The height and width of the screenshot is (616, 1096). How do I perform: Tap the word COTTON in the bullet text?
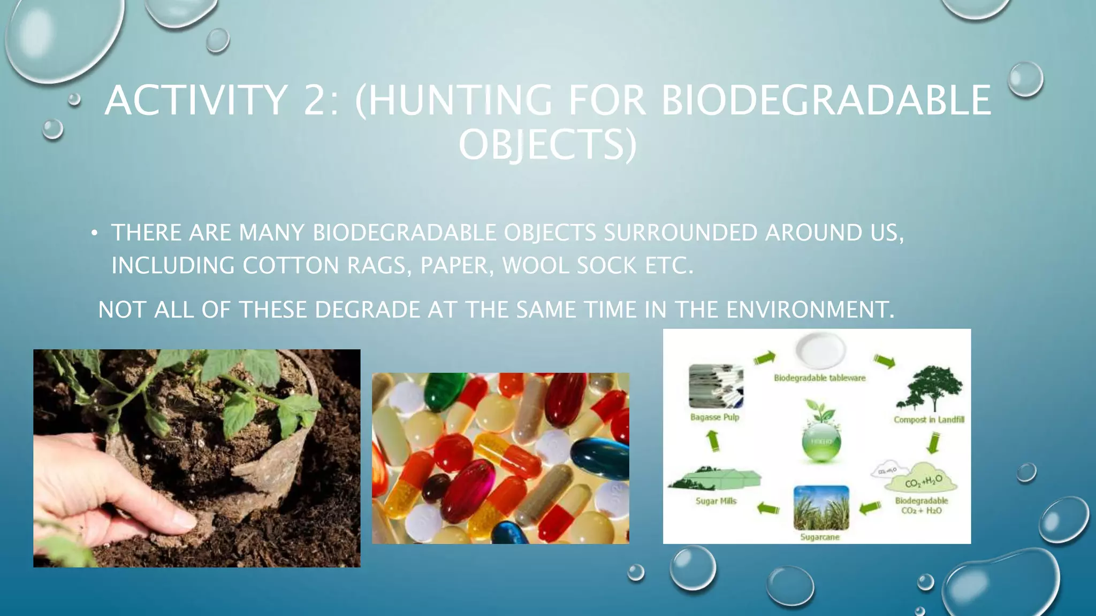point(290,265)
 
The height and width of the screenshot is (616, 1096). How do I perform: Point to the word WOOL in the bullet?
point(530,265)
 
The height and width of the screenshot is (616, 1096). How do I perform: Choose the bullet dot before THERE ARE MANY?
point(95,233)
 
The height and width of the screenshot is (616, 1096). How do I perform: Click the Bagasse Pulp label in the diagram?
point(714,417)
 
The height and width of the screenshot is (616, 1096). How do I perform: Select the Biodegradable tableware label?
point(819,378)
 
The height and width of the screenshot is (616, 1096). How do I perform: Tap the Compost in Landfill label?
point(928,420)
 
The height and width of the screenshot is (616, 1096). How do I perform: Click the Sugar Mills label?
point(716,501)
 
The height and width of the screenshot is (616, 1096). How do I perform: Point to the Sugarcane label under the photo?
point(819,537)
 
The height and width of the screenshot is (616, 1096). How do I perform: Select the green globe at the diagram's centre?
point(821,441)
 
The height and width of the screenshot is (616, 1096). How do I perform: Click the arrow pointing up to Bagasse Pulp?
point(713,441)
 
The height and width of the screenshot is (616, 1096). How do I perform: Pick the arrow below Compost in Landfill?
point(933,443)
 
